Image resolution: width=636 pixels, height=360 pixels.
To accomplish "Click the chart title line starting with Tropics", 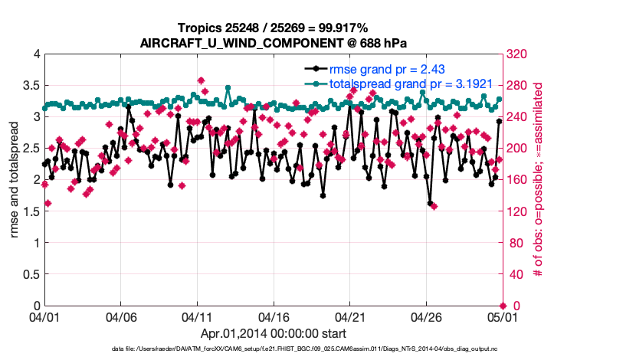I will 273,28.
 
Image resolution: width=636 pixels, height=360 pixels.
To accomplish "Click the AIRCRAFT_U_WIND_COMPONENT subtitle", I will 273,43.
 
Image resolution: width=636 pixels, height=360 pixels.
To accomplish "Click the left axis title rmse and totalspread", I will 15,179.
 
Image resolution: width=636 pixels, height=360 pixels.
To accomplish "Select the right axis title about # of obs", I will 538,179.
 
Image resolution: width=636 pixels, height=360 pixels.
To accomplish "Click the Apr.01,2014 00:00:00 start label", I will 273,334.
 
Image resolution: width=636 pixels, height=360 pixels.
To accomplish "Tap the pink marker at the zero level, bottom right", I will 503,306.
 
